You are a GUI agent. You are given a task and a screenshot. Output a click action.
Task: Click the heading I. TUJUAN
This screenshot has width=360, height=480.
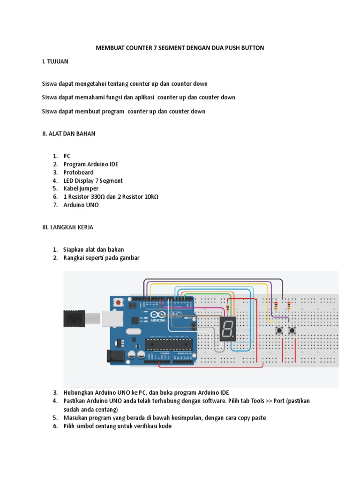pyautogui.click(x=55, y=61)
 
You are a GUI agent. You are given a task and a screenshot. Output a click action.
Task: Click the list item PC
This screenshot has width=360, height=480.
pyautogui.click(x=67, y=156)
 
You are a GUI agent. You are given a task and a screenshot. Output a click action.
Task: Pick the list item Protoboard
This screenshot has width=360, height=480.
pyautogui.click(x=78, y=172)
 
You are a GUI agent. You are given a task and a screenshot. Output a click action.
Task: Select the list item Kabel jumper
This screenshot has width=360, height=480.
pyautogui.click(x=81, y=189)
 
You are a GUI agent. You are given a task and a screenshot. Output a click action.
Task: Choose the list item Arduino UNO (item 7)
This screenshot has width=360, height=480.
pyautogui.click(x=81, y=205)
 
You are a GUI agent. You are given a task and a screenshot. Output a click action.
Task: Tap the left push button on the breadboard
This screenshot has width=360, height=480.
pyautogui.click(x=279, y=331)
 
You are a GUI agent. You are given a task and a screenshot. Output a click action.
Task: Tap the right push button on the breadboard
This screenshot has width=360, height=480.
pyautogui.click(x=292, y=331)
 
